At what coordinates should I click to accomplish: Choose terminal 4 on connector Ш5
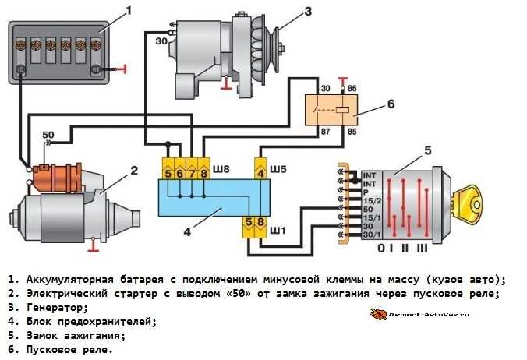(261, 171)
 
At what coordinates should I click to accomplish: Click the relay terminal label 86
(352, 90)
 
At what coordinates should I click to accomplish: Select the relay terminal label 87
(324, 132)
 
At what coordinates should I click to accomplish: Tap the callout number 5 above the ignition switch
(426, 149)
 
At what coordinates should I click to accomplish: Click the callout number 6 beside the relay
(391, 103)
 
